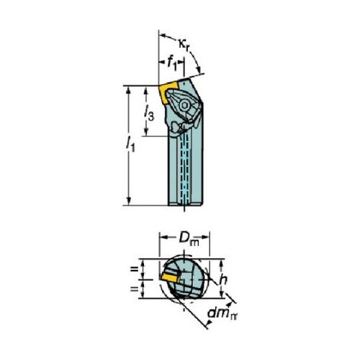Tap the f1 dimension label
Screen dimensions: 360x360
pyautogui.click(x=172, y=64)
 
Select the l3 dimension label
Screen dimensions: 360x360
pyautogui.click(x=149, y=113)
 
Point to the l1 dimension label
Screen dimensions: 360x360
pyautogui.click(x=130, y=144)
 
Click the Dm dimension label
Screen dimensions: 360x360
pyautogui.click(x=189, y=239)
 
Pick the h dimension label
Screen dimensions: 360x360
pyautogui.click(x=223, y=280)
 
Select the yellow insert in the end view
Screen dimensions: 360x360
pyautogui.click(x=171, y=279)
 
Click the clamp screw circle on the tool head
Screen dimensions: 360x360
pyautogui.click(x=184, y=105)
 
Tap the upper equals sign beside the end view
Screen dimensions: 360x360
pyautogui.click(x=135, y=269)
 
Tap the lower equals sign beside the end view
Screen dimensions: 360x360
pyautogui.click(x=135, y=289)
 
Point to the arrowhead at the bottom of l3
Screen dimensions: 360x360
pyautogui.click(x=146, y=132)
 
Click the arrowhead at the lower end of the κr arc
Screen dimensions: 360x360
pyautogui.click(x=199, y=69)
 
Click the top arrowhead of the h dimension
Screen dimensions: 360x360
pyautogui.click(x=222, y=264)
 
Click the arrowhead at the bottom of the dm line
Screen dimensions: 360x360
pyautogui.click(x=209, y=324)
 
